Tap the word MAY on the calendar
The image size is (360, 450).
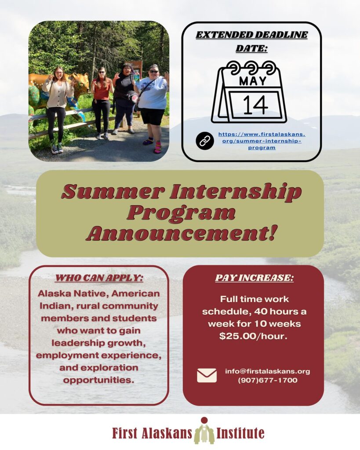point(253,81)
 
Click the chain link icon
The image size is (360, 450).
point(205,141)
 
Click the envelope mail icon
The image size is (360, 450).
point(207,375)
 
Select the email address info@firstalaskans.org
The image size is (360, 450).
point(267,371)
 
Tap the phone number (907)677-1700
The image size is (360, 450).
point(267,380)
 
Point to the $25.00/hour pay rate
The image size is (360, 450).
point(253,336)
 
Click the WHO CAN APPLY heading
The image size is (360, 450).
point(99,278)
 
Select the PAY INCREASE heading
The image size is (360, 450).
point(255,278)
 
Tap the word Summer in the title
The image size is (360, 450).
point(113,192)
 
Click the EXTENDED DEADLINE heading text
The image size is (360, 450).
point(251,35)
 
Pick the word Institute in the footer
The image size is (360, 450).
point(240,433)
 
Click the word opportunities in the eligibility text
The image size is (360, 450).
point(98,380)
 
